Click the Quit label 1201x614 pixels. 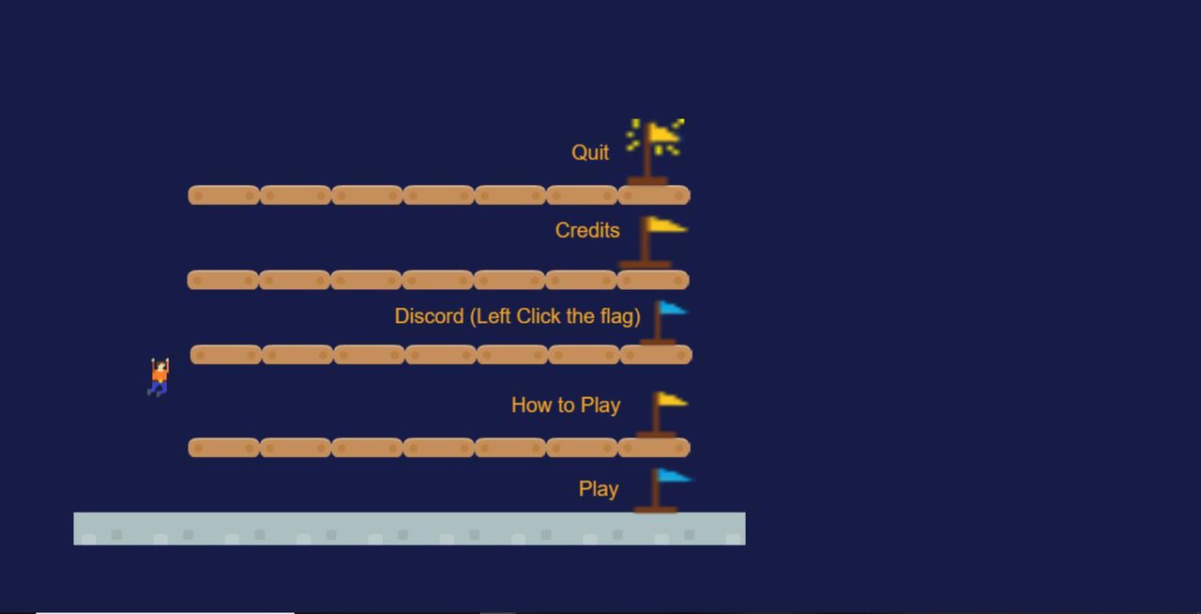[x=590, y=153]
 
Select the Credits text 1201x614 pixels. [x=587, y=230]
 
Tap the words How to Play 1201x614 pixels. [x=566, y=406]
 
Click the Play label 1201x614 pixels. [x=599, y=489]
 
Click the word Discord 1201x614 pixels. [x=429, y=316]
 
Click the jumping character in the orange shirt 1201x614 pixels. [x=159, y=377]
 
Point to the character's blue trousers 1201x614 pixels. [x=159, y=389]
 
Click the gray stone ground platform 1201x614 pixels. [x=409, y=529]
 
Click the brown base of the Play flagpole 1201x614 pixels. [x=655, y=510]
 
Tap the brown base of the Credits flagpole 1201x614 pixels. [x=645, y=264]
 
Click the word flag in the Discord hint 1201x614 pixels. [x=620, y=316]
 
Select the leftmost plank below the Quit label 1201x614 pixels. [x=223, y=195]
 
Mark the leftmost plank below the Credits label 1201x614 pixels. [x=222, y=280]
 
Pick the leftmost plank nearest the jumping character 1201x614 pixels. [x=226, y=355]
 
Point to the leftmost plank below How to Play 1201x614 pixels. [x=223, y=448]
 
